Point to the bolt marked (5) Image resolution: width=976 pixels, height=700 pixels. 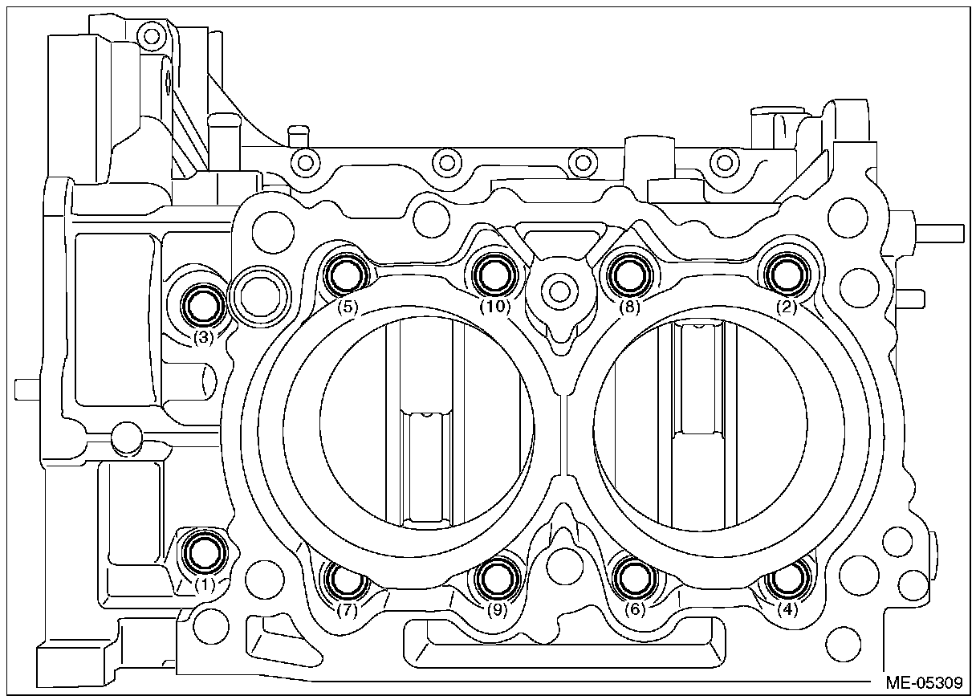coord(347,275)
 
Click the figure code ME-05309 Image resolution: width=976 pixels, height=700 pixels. coord(924,684)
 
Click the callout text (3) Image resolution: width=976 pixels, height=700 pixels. coord(203,338)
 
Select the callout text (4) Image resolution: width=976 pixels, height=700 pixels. coord(790,610)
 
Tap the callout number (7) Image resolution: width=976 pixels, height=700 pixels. coord(347,610)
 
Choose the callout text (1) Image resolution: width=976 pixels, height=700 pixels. coord(205,584)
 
